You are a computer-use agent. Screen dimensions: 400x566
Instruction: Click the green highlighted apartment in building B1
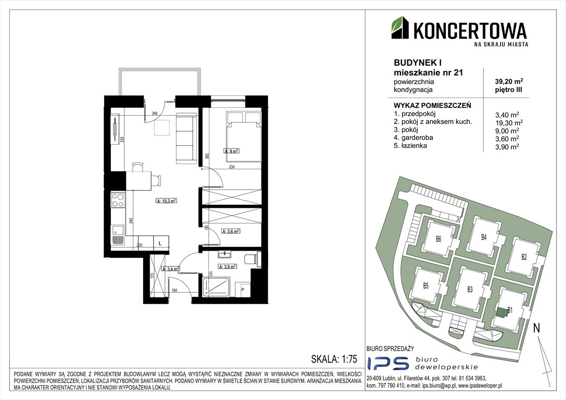point(501,312)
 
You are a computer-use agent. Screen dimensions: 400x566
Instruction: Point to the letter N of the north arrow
point(536,328)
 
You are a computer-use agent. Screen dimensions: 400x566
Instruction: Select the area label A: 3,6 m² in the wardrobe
point(230,231)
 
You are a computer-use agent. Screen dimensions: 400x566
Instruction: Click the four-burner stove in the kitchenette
point(118,199)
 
